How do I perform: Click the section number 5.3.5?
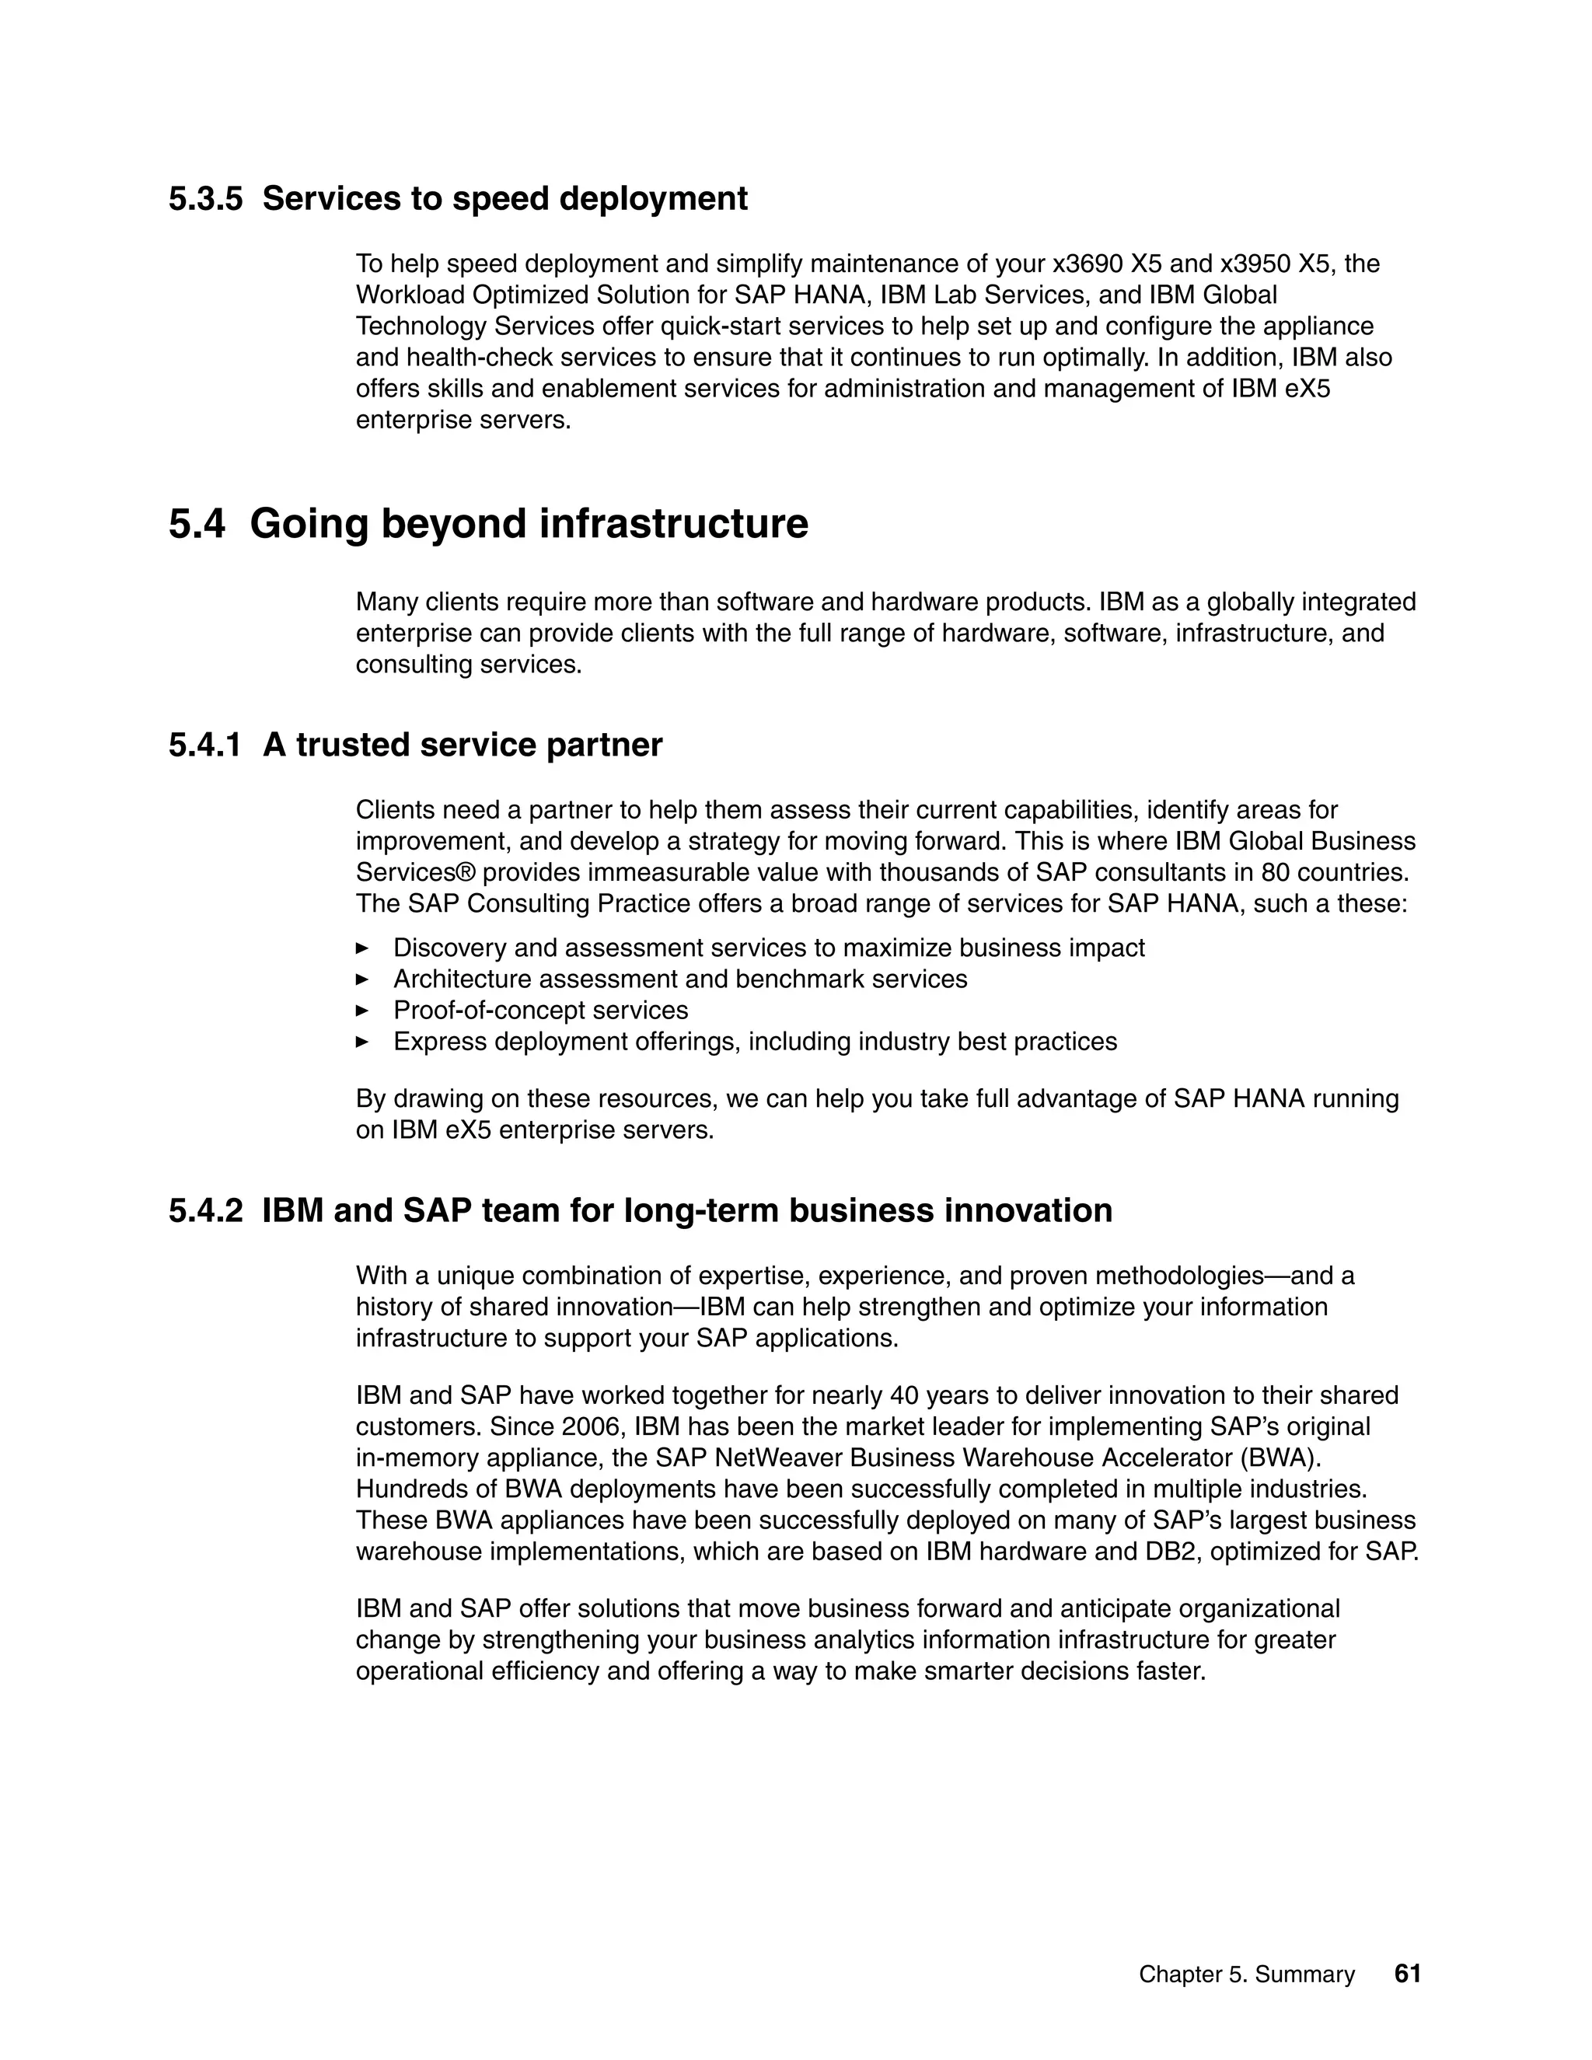click(205, 198)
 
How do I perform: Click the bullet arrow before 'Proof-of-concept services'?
click(362, 1011)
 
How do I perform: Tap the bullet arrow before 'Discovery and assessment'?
click(362, 947)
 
